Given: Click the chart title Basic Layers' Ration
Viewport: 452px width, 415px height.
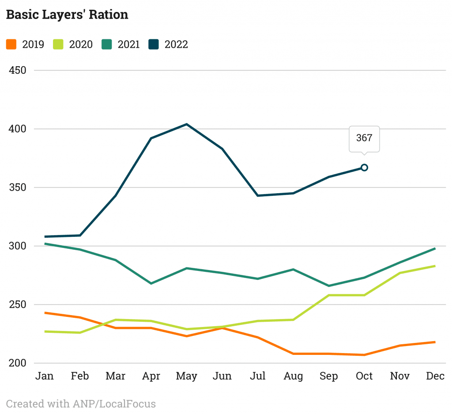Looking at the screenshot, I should point(67,15).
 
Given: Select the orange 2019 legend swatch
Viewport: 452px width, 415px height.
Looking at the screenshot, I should point(11,44).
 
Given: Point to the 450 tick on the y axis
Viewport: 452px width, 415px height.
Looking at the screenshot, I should point(18,70).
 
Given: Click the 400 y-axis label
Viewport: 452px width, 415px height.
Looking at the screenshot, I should point(18,129).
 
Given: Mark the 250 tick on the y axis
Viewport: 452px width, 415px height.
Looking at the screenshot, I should point(18,305).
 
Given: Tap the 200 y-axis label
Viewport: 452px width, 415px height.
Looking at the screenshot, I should point(18,363).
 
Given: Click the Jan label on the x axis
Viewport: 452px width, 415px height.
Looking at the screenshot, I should point(45,376).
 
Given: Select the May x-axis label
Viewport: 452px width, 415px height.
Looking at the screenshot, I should point(186,376).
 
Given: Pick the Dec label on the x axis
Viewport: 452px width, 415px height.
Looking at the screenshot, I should point(435,376).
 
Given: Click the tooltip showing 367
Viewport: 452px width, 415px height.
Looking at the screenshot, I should point(364,138).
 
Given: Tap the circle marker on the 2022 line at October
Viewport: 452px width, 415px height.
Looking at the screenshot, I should point(364,168).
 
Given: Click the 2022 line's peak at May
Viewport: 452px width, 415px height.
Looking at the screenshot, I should point(187,124).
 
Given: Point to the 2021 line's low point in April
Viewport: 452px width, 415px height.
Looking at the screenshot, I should point(151,283).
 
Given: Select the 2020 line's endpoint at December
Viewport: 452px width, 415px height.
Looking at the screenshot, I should point(435,266).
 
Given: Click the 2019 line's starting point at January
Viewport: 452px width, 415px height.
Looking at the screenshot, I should point(45,313).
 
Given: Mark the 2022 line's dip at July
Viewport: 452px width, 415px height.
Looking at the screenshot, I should point(258,195).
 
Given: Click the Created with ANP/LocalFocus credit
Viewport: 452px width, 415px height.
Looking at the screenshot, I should point(81,404).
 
